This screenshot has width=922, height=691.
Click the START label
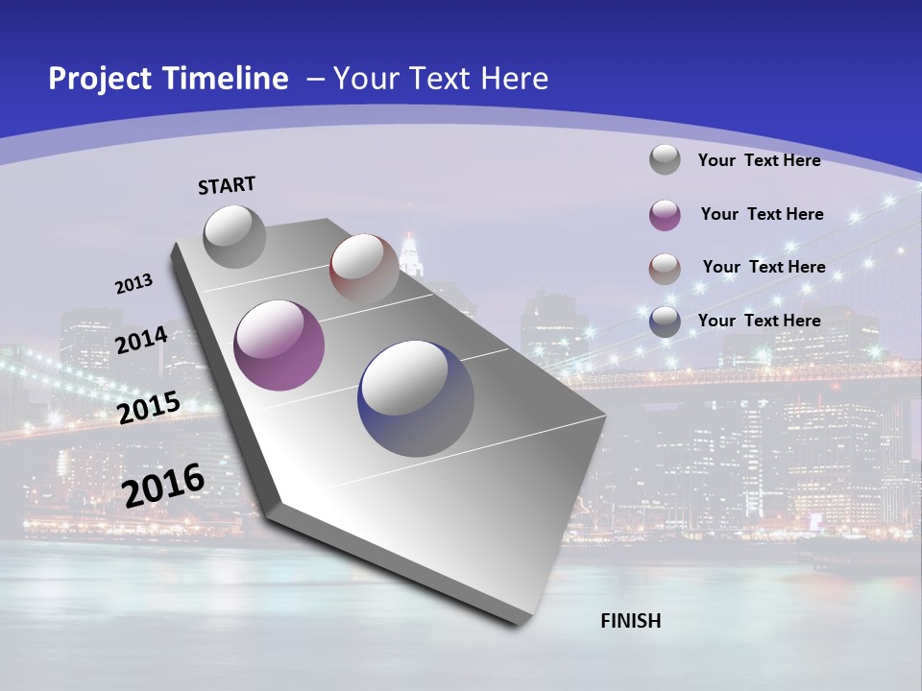point(227,185)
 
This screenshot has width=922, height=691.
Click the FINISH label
point(631,621)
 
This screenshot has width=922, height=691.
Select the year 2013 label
point(133,284)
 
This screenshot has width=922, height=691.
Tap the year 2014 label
point(142,340)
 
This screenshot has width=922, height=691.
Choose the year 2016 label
point(163,486)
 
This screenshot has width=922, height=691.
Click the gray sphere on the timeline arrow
point(234,236)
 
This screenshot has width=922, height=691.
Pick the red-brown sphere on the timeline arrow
point(364,269)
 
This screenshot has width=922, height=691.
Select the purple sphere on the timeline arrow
point(279,345)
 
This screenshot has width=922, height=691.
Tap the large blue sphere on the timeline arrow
point(416,398)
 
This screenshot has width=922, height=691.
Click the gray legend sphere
point(665,159)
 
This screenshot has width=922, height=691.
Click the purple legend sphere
point(665,215)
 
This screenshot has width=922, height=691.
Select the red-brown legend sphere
point(665,269)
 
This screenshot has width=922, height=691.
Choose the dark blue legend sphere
point(665,322)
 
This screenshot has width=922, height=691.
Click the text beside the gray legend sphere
point(759,160)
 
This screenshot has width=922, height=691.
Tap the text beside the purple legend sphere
point(762,214)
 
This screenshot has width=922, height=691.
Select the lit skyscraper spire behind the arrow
point(411,251)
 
